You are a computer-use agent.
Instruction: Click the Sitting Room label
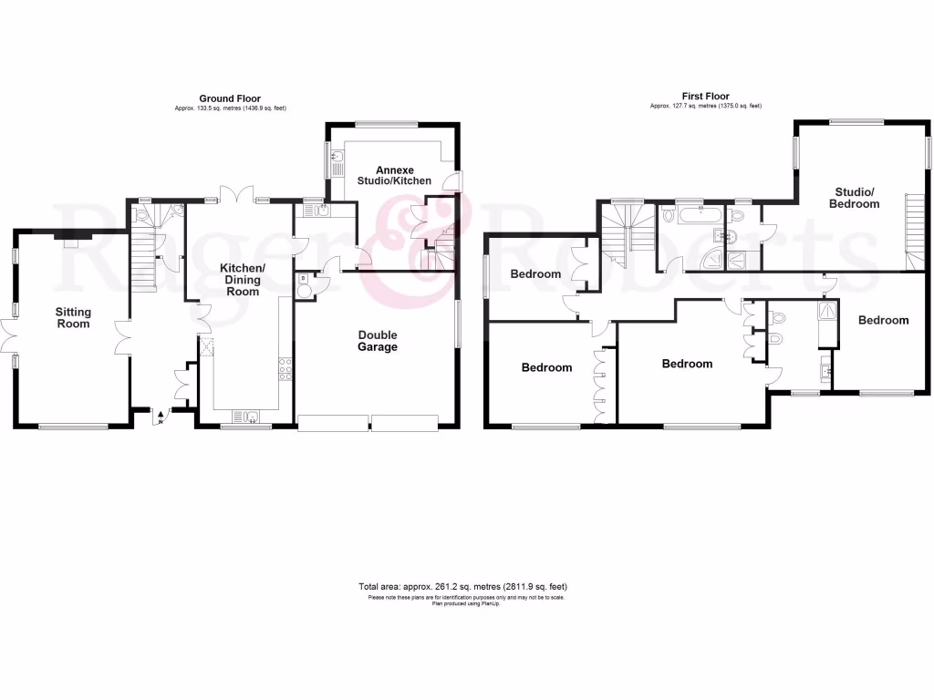coord(74,318)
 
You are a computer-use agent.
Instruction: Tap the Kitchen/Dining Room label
coord(243,273)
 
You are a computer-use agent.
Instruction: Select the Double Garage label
coord(377,341)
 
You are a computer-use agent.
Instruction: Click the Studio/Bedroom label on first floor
coord(855,198)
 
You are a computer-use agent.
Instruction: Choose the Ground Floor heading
coord(231,98)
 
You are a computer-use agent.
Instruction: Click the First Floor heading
coord(705,96)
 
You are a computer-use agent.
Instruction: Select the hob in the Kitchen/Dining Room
coord(285,368)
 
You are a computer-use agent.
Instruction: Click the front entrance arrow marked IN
coord(161,417)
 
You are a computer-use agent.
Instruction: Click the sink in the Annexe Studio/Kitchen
coord(337,166)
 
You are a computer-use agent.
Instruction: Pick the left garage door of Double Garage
coord(332,422)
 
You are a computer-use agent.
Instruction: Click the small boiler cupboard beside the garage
coord(304,285)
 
